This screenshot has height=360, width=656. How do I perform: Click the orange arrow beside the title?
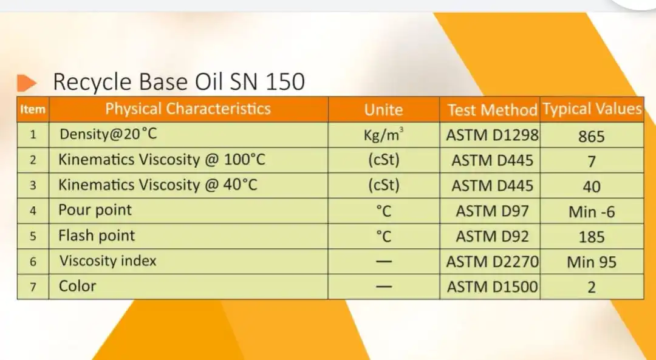(27, 82)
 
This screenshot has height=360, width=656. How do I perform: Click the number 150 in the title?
(284, 81)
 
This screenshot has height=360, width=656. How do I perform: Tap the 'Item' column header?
(32, 110)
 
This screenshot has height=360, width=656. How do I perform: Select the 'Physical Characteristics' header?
(188, 109)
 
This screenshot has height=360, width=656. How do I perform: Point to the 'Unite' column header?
(383, 110)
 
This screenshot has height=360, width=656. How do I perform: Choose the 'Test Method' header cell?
(492, 110)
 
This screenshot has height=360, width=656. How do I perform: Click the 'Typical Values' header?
(592, 109)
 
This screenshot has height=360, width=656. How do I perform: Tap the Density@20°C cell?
(108, 134)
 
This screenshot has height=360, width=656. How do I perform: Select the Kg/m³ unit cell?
(383, 135)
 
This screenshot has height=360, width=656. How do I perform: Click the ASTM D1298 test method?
(492, 135)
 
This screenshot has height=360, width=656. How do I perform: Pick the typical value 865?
(591, 136)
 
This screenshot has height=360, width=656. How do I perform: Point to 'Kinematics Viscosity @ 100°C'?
(162, 160)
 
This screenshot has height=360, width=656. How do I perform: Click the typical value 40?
(591, 187)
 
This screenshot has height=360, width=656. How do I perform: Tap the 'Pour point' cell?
(95, 211)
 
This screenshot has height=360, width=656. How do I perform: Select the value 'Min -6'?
(591, 212)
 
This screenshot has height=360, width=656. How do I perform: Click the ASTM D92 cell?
(492, 236)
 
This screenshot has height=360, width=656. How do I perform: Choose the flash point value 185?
(591, 237)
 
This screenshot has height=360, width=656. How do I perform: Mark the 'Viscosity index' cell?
(108, 261)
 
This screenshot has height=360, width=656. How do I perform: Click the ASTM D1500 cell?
(492, 287)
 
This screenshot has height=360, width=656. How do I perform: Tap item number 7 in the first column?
(33, 287)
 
